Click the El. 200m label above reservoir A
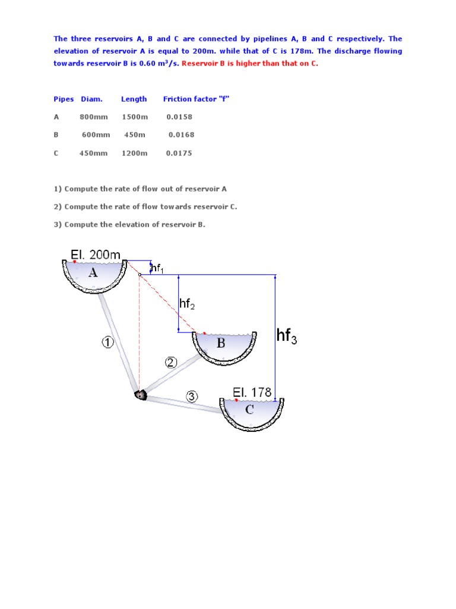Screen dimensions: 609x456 (x=96, y=255)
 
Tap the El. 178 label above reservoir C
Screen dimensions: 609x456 (x=252, y=393)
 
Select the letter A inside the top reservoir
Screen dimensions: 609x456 (x=93, y=274)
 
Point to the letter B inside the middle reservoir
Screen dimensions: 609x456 (x=221, y=343)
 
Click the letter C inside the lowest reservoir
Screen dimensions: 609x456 (x=249, y=410)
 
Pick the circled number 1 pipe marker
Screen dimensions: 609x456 (x=107, y=343)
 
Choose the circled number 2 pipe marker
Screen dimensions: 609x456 (x=171, y=363)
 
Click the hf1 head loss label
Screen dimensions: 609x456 (x=157, y=269)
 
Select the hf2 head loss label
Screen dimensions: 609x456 (x=187, y=304)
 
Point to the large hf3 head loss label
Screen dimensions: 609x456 (x=287, y=337)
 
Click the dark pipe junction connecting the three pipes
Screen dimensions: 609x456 (x=140, y=394)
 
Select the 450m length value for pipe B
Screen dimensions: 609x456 (x=135, y=135)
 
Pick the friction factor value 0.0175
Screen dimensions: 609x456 (x=179, y=153)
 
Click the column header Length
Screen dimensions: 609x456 (x=134, y=99)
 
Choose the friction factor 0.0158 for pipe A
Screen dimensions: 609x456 (x=179, y=117)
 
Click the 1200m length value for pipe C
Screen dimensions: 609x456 (x=135, y=153)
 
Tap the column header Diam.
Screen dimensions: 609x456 (x=91, y=99)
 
